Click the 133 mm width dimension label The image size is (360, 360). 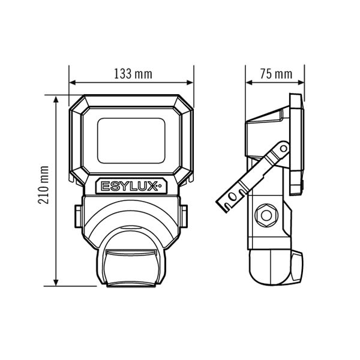click(133, 74)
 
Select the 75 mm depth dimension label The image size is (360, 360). click(276, 74)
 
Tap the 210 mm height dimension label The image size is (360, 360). click(43, 185)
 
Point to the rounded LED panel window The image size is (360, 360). click(131, 140)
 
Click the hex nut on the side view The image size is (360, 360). click(266, 215)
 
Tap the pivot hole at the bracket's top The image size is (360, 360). click(284, 149)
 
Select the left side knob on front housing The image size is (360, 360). click(79, 217)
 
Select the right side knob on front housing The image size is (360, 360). click(184, 217)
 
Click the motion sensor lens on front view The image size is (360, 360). click(131, 268)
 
